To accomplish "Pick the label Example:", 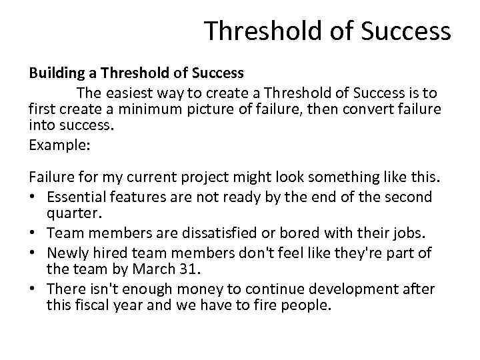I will (59, 143).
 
